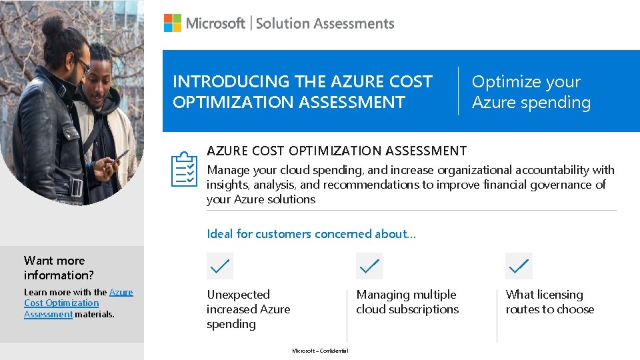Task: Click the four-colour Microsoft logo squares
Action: pyautogui.click(x=173, y=23)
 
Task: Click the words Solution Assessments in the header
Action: pyautogui.click(x=325, y=23)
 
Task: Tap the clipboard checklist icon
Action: pyautogui.click(x=184, y=169)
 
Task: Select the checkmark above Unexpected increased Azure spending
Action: pyautogui.click(x=220, y=266)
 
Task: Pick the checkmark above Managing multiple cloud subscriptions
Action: pyautogui.click(x=369, y=266)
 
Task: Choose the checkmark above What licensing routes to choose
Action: pyautogui.click(x=519, y=266)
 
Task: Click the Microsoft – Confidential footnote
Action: pyautogui.click(x=320, y=351)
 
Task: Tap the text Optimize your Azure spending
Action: pyautogui.click(x=531, y=92)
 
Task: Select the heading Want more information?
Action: pyautogui.click(x=59, y=267)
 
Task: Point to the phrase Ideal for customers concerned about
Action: pyautogui.click(x=311, y=234)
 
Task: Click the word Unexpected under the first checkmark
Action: pyautogui.click(x=238, y=295)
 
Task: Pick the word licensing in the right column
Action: pyautogui.click(x=560, y=295)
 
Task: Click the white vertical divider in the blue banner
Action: pyautogui.click(x=459, y=91)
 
